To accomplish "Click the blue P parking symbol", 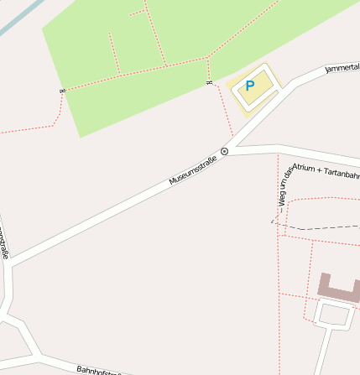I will click(x=249, y=86).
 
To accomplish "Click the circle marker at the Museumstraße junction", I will click(x=224, y=151).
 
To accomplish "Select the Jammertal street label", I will click(x=342, y=66).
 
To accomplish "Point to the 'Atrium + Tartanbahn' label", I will click(x=326, y=171).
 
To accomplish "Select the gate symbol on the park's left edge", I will click(x=61, y=91).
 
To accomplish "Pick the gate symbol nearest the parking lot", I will click(x=208, y=82).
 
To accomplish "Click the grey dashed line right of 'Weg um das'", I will click(x=323, y=227).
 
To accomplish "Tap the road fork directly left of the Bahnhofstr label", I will click(x=34, y=352).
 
